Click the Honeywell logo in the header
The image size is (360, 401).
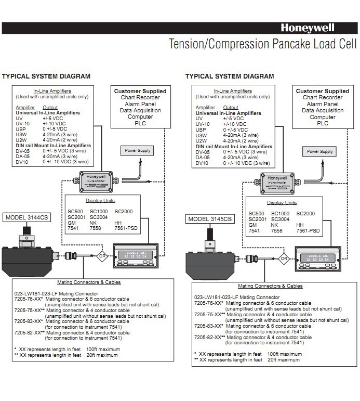coord(307,28)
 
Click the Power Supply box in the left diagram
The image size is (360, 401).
coord(137,151)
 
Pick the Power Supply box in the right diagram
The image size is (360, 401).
coord(319,151)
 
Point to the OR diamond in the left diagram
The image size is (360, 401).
coord(101,255)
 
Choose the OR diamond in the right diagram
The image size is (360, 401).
coord(284,257)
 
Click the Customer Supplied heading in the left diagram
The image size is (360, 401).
coord(140,91)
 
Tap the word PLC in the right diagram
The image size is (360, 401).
coord(323,124)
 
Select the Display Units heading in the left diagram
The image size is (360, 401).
coord(100,200)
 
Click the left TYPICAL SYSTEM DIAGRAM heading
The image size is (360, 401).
coord(46,76)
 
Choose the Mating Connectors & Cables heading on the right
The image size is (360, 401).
coord(270,286)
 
